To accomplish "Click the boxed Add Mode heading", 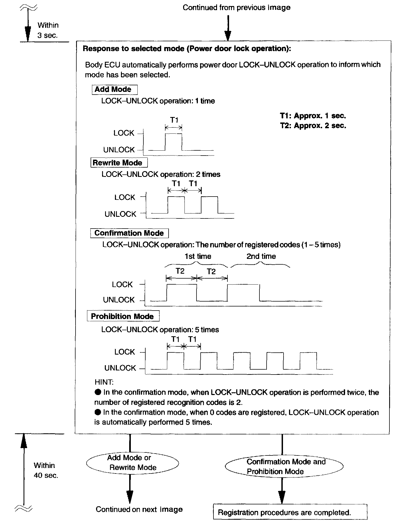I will click(114, 89).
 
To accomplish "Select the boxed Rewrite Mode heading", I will click(119, 163).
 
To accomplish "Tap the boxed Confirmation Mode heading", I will click(129, 233).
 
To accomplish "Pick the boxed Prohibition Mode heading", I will click(123, 316).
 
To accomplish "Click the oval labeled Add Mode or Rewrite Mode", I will click(132, 462).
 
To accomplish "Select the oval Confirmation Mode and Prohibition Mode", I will click(284, 466).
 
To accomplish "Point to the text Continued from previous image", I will click(236, 7).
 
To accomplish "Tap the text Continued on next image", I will click(139, 509).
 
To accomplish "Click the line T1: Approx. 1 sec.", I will click(313, 116).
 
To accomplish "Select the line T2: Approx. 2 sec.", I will click(313, 125).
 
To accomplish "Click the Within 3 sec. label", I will click(48, 30).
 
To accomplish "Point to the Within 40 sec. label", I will click(46, 470).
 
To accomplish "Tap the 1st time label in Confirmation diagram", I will click(198, 256).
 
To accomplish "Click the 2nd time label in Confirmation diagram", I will click(261, 256).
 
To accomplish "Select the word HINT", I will click(104, 382).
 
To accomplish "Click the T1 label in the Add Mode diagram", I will click(174, 120).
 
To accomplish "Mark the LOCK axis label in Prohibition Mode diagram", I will click(125, 352).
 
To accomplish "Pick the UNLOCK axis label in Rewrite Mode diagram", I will click(120, 214).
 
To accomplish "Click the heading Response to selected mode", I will click(187, 49).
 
